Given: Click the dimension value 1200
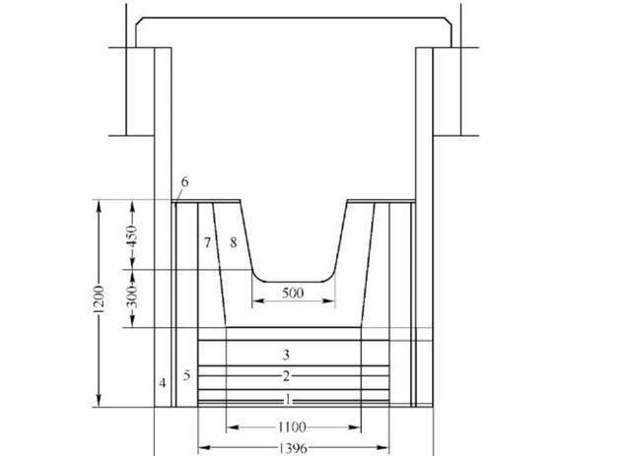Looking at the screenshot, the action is click(99, 299).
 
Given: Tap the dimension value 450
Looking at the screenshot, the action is click(132, 235).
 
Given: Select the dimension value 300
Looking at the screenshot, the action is click(132, 296).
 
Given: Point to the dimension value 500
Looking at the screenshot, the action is click(293, 293).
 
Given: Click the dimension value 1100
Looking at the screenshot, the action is click(292, 426).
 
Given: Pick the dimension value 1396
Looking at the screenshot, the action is click(293, 448).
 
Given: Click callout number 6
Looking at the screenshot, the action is click(184, 182).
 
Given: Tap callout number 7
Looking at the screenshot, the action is click(207, 242).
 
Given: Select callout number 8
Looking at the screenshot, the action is click(234, 242).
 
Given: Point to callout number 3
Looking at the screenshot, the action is click(286, 355).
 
